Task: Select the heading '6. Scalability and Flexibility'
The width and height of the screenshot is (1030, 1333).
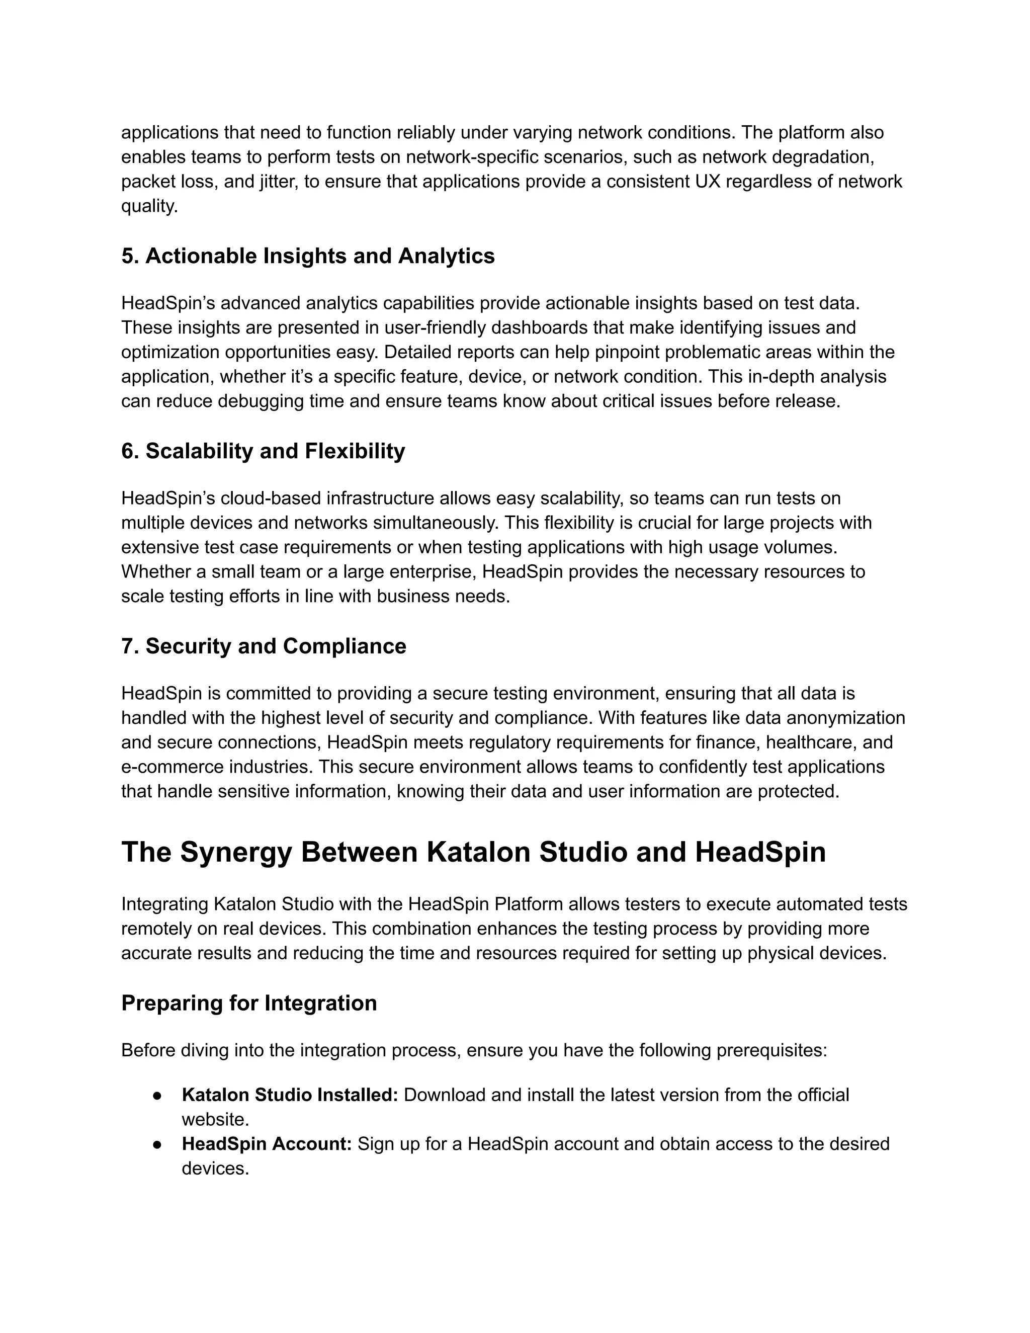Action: click(x=263, y=451)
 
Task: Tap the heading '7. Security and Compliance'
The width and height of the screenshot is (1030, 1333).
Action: click(x=264, y=646)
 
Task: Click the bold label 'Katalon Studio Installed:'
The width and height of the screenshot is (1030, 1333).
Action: click(x=290, y=1095)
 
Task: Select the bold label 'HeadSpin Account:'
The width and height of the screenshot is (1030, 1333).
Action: click(x=267, y=1144)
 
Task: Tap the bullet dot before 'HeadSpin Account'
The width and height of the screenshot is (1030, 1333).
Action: click(x=157, y=1144)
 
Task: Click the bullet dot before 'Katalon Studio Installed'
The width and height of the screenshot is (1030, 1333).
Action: click(x=157, y=1096)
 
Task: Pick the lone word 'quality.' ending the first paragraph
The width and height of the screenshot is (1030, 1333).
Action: click(x=149, y=206)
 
